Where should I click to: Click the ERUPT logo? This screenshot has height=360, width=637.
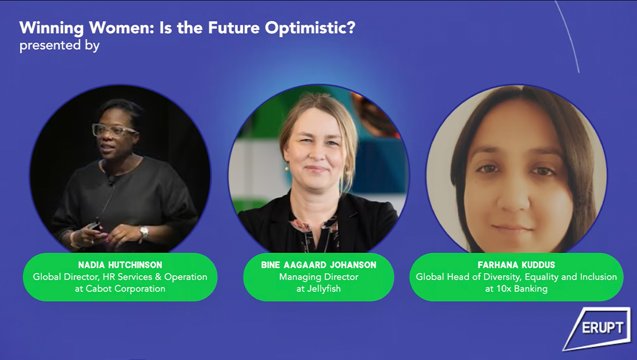[x=597, y=328]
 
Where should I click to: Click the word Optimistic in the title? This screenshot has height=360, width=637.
[x=310, y=28]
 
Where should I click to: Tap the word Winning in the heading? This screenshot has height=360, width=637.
[x=51, y=28]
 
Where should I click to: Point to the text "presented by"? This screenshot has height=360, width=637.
[x=60, y=45]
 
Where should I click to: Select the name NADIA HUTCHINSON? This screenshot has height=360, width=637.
[x=120, y=265]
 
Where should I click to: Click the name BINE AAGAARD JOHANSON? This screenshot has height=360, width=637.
[x=318, y=265]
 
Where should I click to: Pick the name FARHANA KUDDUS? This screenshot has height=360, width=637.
[x=516, y=265]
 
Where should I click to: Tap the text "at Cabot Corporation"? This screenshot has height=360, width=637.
[x=120, y=289]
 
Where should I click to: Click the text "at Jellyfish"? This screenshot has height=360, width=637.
[x=318, y=289]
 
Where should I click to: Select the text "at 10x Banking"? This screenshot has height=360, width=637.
[x=516, y=289]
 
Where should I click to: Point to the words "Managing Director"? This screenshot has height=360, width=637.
[x=318, y=277]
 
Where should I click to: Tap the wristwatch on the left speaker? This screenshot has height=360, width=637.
[x=144, y=233]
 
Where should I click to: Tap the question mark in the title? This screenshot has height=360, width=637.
[x=350, y=28]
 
